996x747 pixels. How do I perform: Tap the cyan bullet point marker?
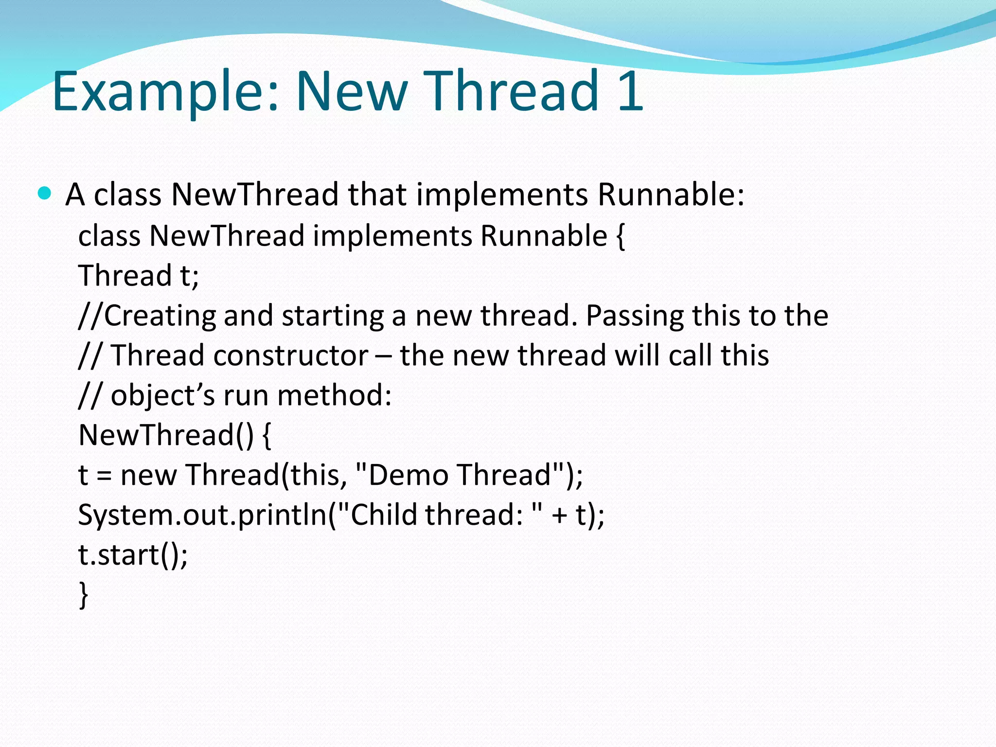click(x=44, y=194)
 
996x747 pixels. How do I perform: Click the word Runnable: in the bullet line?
click(x=671, y=195)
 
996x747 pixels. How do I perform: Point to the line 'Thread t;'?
click(x=139, y=276)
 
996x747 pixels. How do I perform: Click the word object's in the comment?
click(x=162, y=395)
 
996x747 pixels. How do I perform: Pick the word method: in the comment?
click(x=334, y=395)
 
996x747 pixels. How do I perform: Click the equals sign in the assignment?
click(x=104, y=476)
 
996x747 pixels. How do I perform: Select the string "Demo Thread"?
click(x=460, y=475)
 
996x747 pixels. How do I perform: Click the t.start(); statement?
click(x=133, y=554)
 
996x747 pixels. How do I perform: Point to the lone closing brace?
click(x=84, y=594)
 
